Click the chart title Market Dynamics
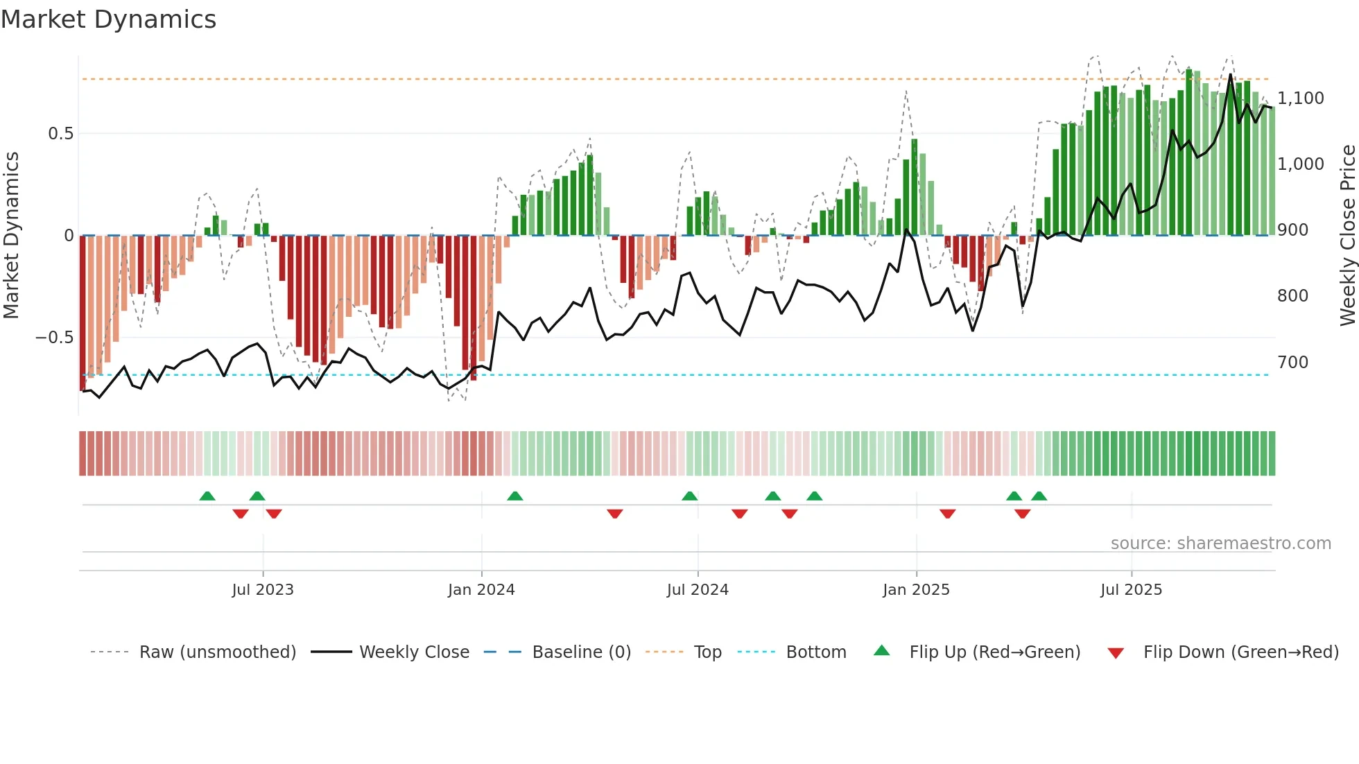(108, 19)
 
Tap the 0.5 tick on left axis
(60, 134)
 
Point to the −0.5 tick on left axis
(55, 338)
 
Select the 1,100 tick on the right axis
(1300, 98)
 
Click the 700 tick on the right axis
(1292, 362)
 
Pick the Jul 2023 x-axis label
(263, 590)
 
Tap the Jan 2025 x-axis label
(916, 590)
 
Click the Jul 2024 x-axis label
(698, 590)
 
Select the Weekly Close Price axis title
(1347, 235)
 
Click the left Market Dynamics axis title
(12, 235)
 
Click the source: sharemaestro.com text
(1220, 544)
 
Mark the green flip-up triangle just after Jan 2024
(514, 496)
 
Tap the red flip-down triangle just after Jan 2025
(948, 514)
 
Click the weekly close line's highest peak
(1231, 74)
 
